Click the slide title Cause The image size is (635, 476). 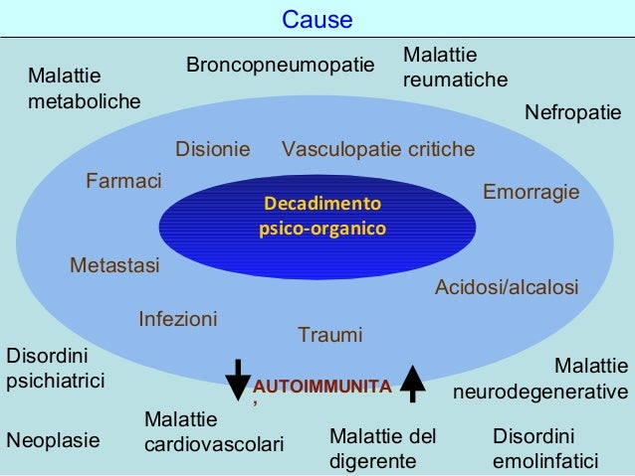coord(317,20)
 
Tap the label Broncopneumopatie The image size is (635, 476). coord(281,66)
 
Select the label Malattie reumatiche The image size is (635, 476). coord(455,67)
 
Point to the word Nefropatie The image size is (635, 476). coord(572,113)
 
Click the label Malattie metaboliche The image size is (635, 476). coord(84,88)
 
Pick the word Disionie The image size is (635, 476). coord(212,150)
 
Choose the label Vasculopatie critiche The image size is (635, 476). coord(378,150)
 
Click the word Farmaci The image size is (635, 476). coord(123,181)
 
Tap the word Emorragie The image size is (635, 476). coord(530,191)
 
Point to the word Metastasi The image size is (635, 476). coord(114,265)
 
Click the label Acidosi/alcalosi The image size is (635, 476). coord(507,287)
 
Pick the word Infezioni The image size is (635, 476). coord(177,320)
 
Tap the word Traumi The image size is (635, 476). coord(330,336)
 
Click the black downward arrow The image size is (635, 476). coord(238,379)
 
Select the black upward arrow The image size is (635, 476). coord(413,382)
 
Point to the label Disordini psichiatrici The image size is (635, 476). coord(56,368)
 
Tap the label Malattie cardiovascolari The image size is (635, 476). coord(213,431)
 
